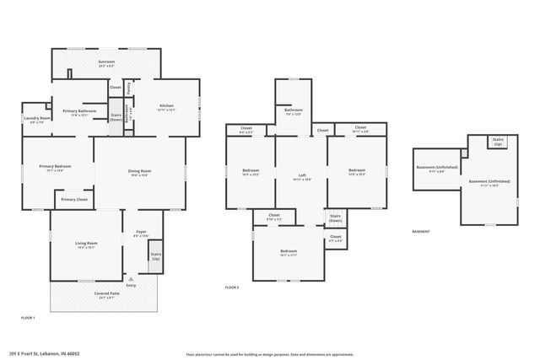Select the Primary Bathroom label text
pos(78,112)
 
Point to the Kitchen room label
pos(166,107)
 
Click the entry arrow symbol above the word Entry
pos(130,277)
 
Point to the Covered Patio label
pos(105,294)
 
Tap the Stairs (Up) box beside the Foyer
pos(155,256)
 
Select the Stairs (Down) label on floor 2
pos(335,218)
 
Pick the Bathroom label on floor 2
pos(294,111)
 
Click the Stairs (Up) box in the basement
pos(498,141)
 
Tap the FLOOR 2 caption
pos(232,287)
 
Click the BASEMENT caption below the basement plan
pos(420,232)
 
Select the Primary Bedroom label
pos(56,168)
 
